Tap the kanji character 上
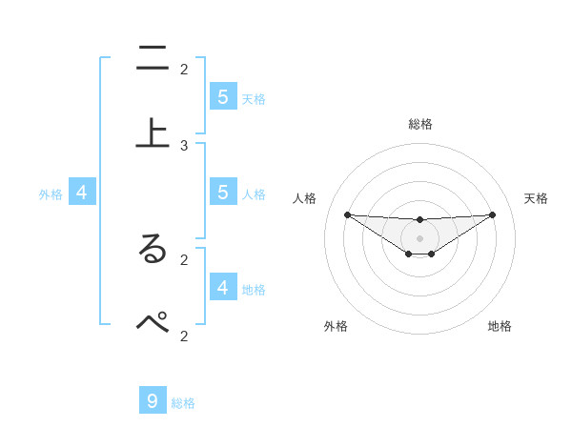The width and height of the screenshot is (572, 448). coord(153,133)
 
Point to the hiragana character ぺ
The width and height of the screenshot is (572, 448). coord(153,323)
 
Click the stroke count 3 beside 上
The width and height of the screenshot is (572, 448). coord(184,145)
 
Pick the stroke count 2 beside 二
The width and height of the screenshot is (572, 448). coord(184,69)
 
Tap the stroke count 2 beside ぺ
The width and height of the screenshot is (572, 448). coord(184,335)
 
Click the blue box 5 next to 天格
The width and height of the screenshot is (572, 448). coord(223,97)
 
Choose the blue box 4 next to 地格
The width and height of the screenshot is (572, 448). coord(223,288)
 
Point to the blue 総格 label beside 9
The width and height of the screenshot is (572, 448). coord(183,403)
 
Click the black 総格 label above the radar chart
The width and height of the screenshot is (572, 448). coord(420,124)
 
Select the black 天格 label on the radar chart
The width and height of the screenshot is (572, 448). coord(536,198)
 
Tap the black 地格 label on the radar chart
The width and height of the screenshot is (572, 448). coord(500,326)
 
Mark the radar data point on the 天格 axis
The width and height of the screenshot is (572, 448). coord(493,214)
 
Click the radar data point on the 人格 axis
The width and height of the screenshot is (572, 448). coord(347,214)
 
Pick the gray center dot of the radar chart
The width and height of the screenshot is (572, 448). coord(420,237)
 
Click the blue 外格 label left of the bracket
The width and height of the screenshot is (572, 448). coord(51,194)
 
